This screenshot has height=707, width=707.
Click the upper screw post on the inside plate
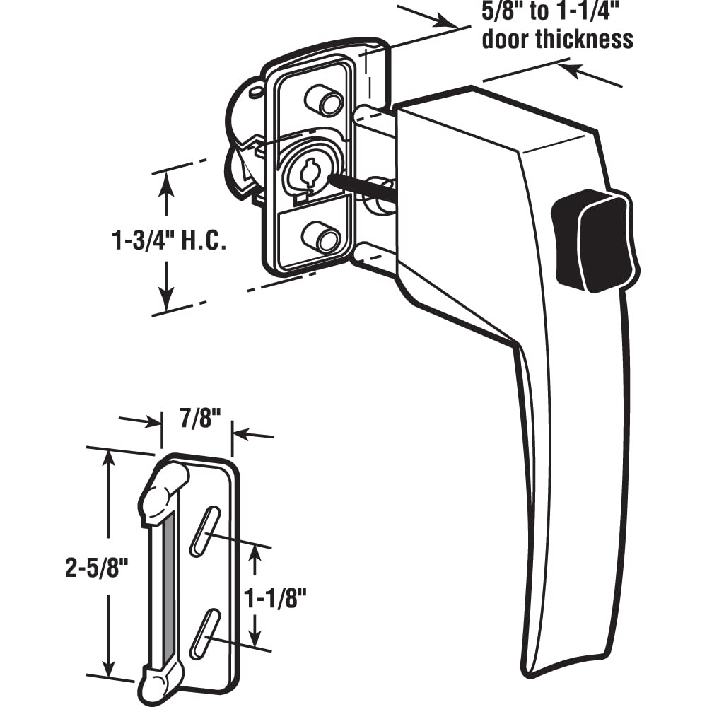(325, 100)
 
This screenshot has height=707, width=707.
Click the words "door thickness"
(557, 39)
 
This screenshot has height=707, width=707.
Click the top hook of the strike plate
(164, 488)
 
